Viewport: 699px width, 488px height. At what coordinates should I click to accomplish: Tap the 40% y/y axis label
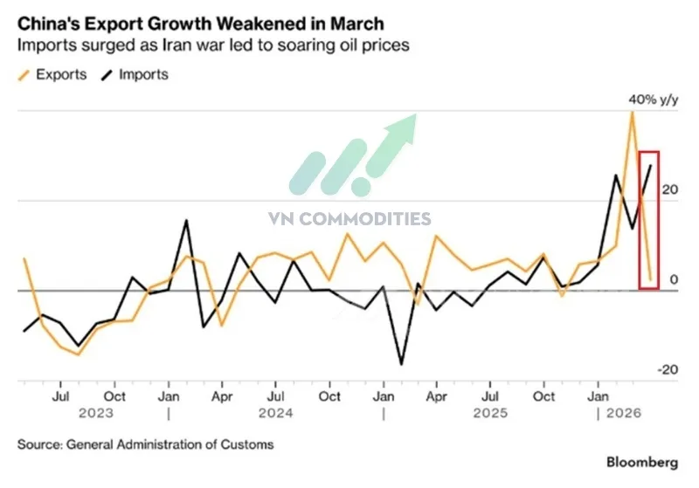click(x=653, y=100)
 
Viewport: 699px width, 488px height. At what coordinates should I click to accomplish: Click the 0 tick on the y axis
click(x=673, y=279)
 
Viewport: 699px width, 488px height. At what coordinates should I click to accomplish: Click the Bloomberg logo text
click(x=643, y=460)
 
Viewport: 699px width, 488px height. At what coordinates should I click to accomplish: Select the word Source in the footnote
click(x=39, y=443)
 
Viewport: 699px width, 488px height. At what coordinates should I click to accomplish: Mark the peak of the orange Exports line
click(x=632, y=113)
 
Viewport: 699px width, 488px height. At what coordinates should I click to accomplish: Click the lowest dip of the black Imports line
click(x=401, y=364)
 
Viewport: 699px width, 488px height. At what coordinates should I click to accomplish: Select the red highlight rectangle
click(x=649, y=219)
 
